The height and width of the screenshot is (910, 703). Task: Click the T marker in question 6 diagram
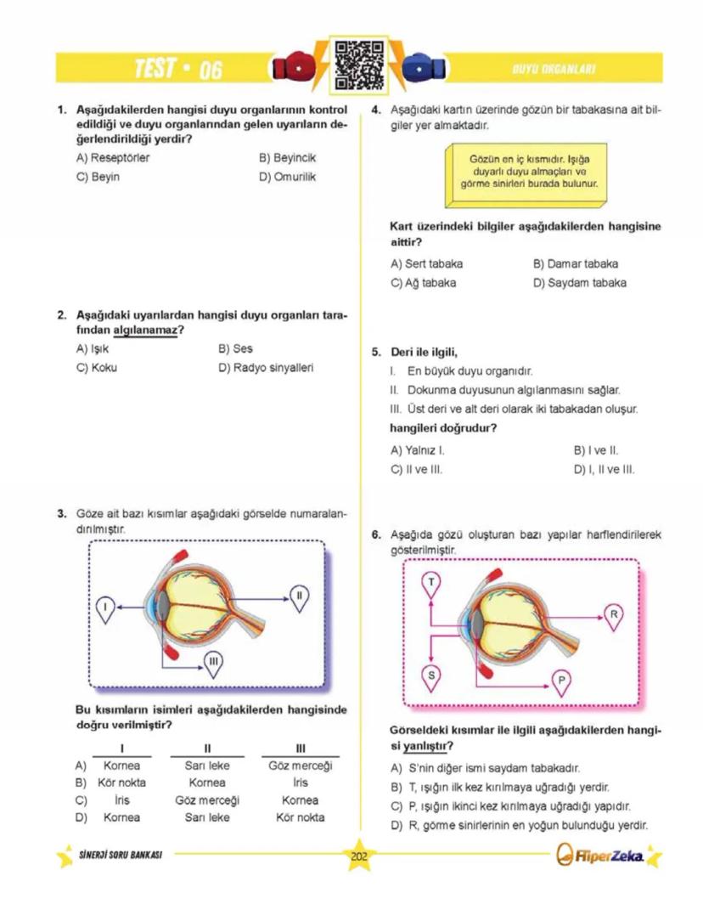click(431, 582)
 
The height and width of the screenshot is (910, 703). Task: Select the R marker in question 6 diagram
click(615, 614)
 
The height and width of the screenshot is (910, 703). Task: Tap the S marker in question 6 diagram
click(431, 675)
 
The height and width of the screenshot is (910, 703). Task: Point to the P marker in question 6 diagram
click(561, 680)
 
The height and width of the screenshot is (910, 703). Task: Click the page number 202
click(358, 856)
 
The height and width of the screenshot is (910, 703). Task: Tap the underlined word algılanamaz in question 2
click(144, 330)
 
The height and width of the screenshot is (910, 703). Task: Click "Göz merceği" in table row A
click(300, 766)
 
